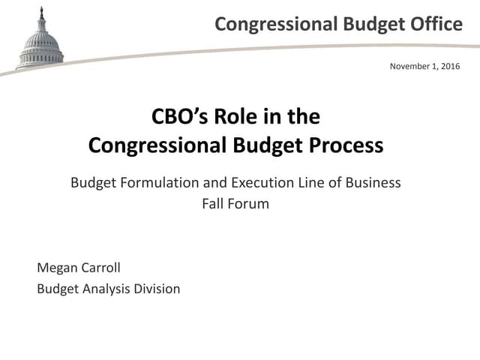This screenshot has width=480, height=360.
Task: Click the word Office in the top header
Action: pos(436,24)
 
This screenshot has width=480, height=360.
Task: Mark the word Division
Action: pos(157,288)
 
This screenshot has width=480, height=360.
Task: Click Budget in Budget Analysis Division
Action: pos(56,288)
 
